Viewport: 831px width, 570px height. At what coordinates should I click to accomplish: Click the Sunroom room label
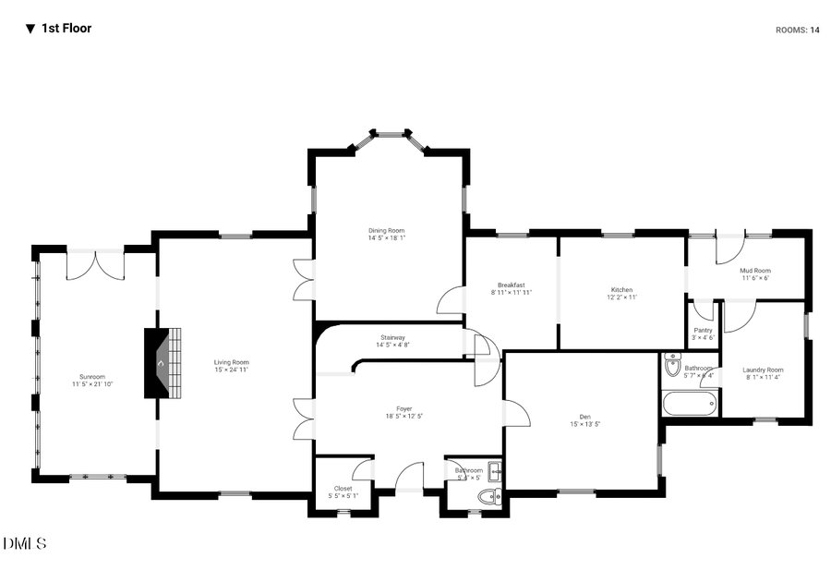(91, 376)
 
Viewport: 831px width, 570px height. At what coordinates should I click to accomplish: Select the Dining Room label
(386, 230)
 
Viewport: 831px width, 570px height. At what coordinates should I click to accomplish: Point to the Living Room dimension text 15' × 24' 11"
(232, 370)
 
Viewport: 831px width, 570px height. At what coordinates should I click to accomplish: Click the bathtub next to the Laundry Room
(689, 403)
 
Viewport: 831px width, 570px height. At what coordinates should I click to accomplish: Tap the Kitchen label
(621, 290)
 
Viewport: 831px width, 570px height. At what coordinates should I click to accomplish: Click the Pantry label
(703, 330)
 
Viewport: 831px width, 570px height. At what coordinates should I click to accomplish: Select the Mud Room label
(754, 271)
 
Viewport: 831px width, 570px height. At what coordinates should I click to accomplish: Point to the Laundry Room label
(763, 370)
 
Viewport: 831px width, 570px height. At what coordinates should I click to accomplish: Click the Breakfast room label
(512, 285)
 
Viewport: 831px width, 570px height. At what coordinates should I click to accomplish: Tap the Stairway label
(392, 337)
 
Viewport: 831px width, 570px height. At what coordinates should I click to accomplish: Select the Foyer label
(404, 408)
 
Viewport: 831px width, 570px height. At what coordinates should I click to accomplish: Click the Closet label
(343, 488)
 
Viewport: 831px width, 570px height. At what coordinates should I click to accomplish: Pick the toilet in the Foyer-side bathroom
(488, 497)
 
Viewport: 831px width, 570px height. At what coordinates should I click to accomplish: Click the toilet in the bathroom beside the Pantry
(672, 366)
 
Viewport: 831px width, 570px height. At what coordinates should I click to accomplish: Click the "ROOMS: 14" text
(797, 30)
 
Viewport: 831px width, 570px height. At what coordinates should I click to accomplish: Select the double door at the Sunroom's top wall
(95, 264)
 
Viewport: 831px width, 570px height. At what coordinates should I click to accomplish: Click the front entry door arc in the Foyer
(409, 477)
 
